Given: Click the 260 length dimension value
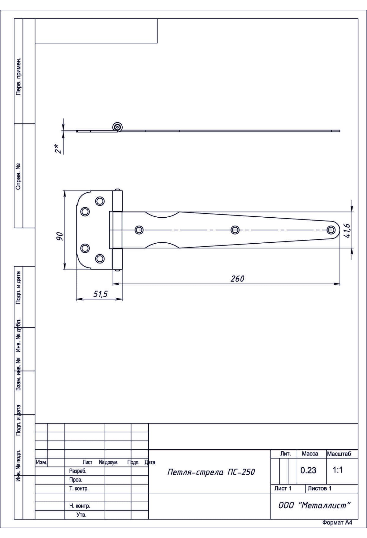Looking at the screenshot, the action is coord(237,278).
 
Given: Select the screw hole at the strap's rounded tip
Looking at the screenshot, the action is coord(331,230).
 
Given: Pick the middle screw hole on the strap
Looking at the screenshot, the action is coord(235,230).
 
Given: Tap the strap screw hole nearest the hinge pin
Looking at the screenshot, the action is coord(139,230).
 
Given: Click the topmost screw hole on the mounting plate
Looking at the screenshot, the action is coord(100,201).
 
